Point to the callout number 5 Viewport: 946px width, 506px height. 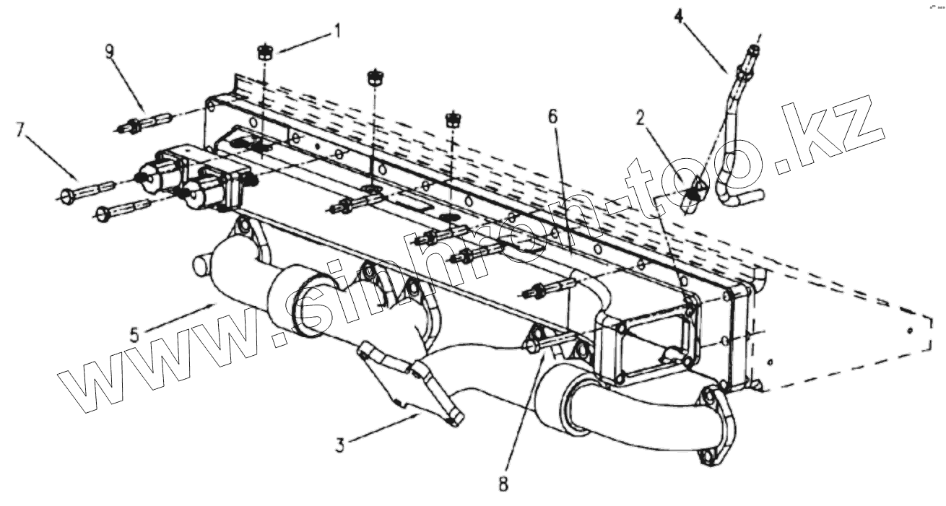tap(135, 334)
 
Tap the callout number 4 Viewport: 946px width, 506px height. tap(678, 14)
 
